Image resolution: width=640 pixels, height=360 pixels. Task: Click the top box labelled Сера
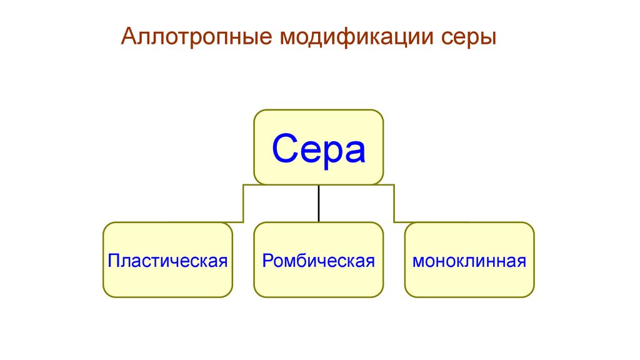[x=318, y=147]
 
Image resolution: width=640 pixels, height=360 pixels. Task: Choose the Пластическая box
[x=167, y=259]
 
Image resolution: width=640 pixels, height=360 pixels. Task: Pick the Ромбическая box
[x=318, y=259]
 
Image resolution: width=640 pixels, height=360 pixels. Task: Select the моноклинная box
[x=469, y=259]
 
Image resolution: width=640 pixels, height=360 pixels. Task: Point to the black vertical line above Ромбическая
[x=319, y=203]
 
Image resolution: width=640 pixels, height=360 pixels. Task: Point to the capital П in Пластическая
[x=113, y=260]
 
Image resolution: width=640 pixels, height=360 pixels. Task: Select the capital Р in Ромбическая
[x=267, y=260]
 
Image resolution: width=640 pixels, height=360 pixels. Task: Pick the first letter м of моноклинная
[x=417, y=261]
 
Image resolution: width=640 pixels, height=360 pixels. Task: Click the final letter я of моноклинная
[x=522, y=261]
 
